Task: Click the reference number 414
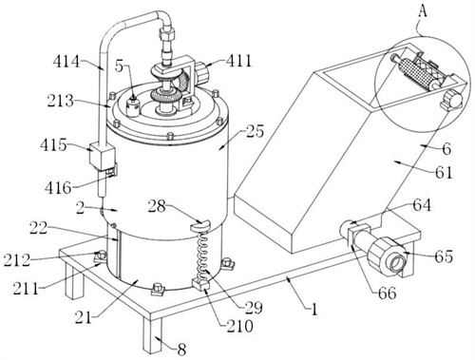66,61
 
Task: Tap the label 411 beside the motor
238,61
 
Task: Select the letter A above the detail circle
423,12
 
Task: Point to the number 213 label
61,101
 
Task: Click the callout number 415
53,145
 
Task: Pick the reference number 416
58,188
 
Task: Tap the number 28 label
157,207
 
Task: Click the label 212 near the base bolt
17,260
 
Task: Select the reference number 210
239,326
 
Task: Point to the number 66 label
387,294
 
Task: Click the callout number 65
444,256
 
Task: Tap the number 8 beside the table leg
181,350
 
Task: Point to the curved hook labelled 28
200,225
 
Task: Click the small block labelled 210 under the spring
201,283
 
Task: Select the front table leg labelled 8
152,334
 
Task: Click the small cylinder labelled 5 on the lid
133,108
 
